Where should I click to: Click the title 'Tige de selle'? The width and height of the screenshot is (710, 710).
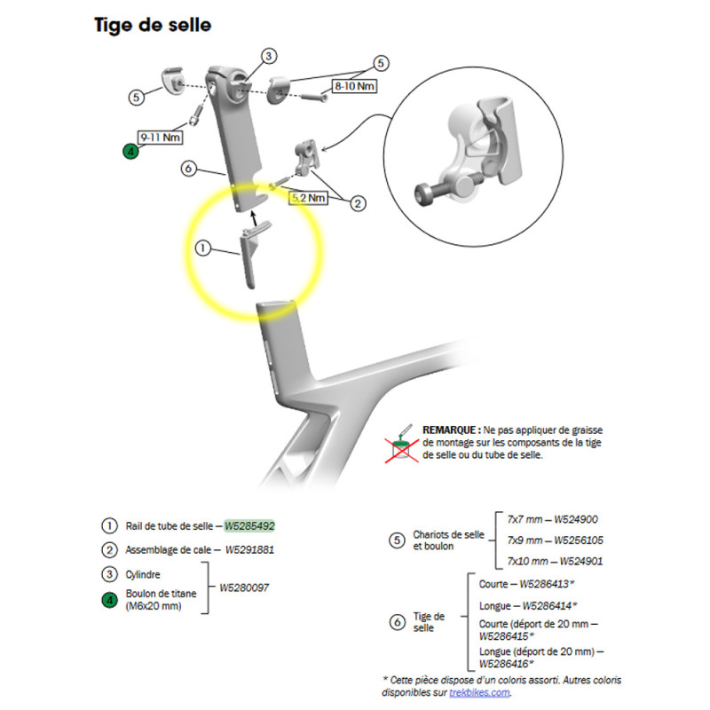click(x=153, y=25)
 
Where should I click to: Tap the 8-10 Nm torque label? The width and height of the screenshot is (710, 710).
click(x=352, y=86)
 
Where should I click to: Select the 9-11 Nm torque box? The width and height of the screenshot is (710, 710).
click(x=159, y=137)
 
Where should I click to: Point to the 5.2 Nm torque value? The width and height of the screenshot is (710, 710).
click(x=308, y=198)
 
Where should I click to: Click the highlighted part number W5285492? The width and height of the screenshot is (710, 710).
click(x=255, y=525)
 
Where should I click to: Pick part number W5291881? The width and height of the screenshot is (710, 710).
click(x=249, y=549)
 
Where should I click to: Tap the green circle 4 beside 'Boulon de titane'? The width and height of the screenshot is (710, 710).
click(x=109, y=599)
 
